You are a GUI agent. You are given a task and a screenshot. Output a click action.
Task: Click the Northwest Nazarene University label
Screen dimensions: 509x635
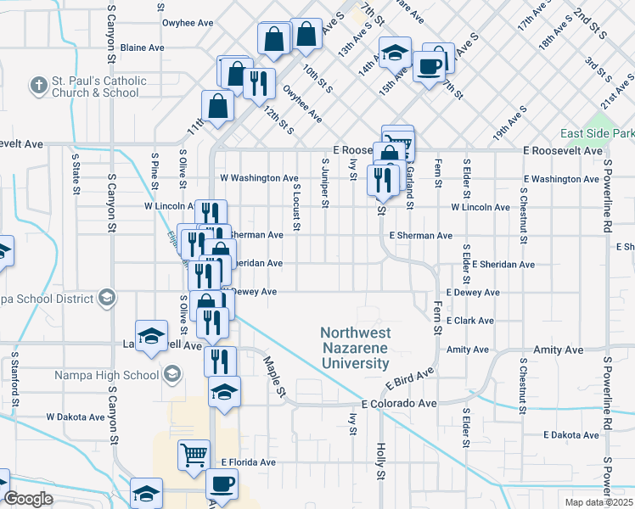355,348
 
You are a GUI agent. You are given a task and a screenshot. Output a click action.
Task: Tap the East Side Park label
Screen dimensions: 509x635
598,134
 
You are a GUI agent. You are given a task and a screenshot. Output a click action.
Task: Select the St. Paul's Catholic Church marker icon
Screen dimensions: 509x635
38,86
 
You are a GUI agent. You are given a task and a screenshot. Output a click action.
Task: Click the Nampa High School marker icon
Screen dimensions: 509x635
171,374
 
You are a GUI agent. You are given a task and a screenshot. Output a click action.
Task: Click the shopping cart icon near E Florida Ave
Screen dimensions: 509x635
194,455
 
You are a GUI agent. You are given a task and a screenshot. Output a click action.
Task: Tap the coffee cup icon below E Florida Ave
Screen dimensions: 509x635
222,484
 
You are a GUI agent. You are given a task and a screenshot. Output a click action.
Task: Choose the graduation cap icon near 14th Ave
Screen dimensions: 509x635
395,53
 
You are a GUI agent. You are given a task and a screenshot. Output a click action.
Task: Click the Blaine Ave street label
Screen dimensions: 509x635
143,48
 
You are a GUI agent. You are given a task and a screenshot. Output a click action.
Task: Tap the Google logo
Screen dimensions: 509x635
29,499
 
